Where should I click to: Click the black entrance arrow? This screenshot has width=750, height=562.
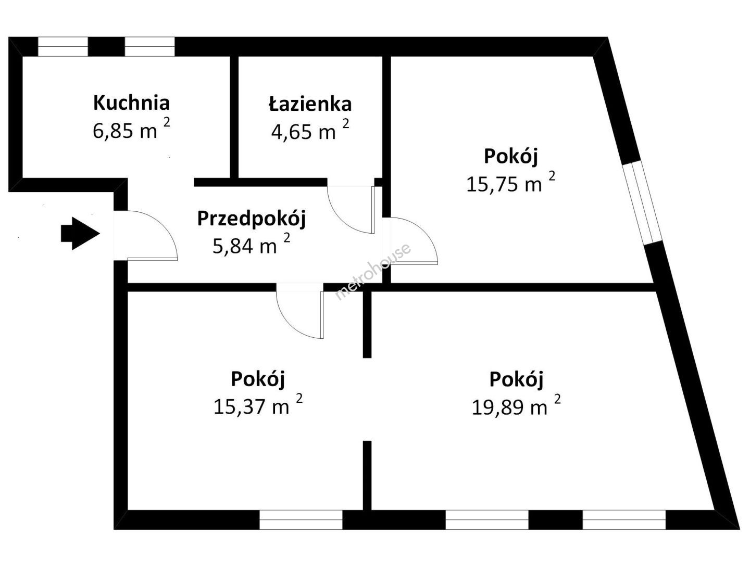point(80,234)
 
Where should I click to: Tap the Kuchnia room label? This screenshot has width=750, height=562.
point(132,103)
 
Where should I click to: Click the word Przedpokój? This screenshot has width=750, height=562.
point(252,219)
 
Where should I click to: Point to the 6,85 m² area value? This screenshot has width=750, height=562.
point(131,130)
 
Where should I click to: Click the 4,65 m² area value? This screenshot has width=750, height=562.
point(310,130)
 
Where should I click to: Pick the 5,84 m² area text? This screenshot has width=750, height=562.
point(252,245)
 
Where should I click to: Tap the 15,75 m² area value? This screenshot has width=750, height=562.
point(511,183)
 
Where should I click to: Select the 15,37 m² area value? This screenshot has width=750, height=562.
point(258,405)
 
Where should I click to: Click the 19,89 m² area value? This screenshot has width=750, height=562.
point(516,406)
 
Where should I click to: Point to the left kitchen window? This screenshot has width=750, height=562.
point(63,47)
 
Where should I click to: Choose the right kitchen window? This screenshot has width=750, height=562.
point(149,47)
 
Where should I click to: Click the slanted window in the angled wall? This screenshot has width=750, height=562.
point(642,203)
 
